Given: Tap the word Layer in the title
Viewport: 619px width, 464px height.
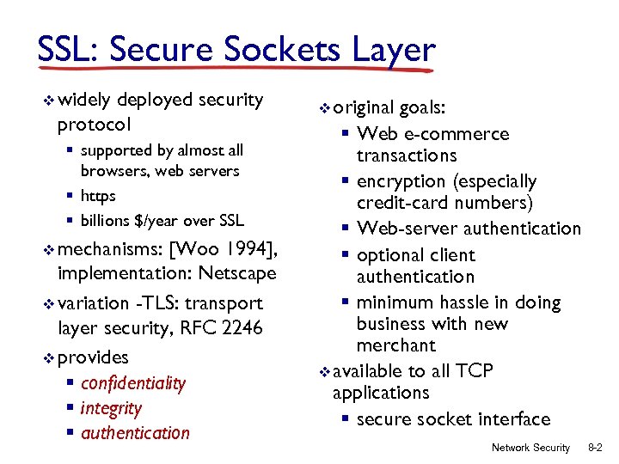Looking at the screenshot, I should (390, 50).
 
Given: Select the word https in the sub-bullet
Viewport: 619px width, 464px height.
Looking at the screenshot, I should (97, 196).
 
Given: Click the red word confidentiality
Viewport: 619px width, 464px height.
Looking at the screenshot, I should (132, 383).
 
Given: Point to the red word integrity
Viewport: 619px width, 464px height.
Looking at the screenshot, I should (111, 408).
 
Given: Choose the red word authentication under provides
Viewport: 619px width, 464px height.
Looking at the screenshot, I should (135, 433).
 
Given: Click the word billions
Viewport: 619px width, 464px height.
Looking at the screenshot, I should (107, 221).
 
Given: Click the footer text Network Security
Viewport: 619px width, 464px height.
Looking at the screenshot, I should (530, 448).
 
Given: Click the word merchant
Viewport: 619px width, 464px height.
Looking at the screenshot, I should (396, 345).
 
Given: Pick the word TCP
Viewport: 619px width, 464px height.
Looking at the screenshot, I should (475, 371).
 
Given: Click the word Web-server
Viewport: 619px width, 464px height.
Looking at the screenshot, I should (408, 229).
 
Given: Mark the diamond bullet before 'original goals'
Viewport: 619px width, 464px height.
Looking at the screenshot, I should (324, 109).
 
